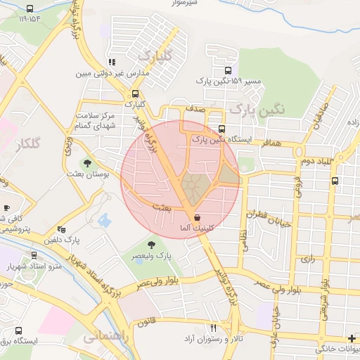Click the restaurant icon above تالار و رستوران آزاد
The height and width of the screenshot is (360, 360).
click(x=214, y=328)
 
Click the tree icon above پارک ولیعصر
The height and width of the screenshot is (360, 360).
click(x=152, y=243)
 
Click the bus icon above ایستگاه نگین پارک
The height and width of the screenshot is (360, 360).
click(x=221, y=129)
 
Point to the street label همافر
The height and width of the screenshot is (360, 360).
click(x=272, y=143)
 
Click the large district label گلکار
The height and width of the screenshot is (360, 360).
click(x=28, y=144)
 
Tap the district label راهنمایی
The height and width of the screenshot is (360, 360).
click(x=106, y=337)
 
